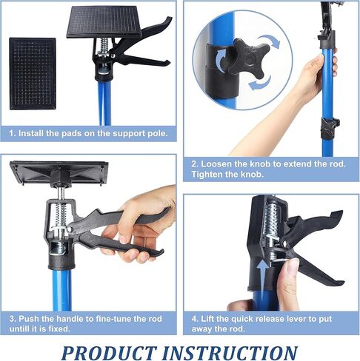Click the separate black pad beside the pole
[32, 72]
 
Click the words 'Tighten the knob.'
[224, 175]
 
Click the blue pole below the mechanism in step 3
[62, 289]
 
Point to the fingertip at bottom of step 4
[238, 304]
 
